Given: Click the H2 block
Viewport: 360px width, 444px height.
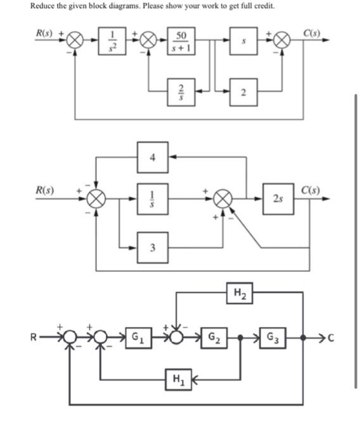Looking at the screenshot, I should (x=239, y=293).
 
